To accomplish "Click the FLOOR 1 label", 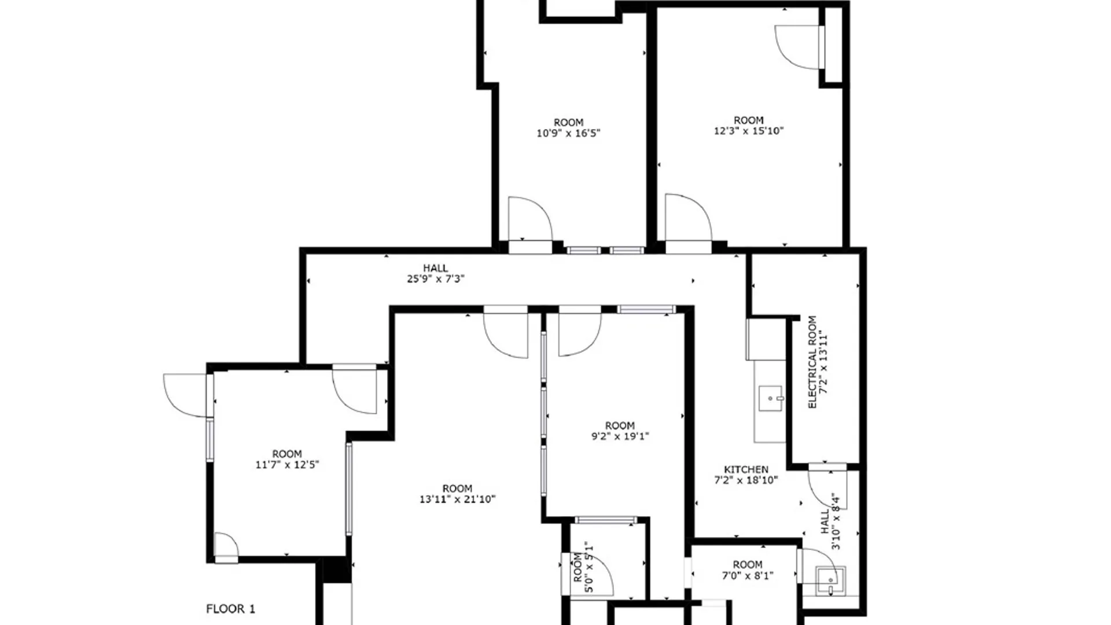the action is pyautogui.click(x=230, y=609).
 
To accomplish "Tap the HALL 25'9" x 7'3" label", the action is pyautogui.click(x=435, y=273).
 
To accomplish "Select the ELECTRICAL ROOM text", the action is pyautogui.click(x=812, y=362).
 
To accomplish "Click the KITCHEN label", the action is pyautogui.click(x=746, y=469).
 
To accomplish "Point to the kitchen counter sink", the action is pyautogui.click(x=771, y=398).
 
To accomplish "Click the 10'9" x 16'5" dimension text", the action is pyautogui.click(x=568, y=133).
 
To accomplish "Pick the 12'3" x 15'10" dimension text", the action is pyautogui.click(x=748, y=131).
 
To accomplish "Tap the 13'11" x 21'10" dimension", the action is pyautogui.click(x=457, y=499).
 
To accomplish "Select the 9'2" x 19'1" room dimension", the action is pyautogui.click(x=620, y=436).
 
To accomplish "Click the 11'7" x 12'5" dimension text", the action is pyautogui.click(x=287, y=464).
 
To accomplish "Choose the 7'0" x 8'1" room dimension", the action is pyautogui.click(x=747, y=575).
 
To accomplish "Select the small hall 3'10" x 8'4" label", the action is pyautogui.click(x=830, y=521).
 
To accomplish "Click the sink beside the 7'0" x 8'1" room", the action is pyautogui.click(x=830, y=581).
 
